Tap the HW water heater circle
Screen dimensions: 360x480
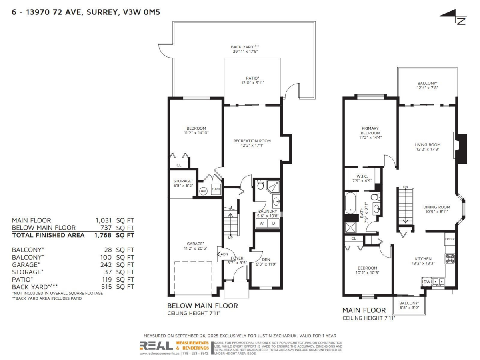click(203, 191)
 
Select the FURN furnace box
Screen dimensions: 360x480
click(215, 189)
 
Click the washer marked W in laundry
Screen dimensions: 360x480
click(261, 224)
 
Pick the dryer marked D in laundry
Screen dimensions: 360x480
click(274, 224)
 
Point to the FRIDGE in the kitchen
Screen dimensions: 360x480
click(450, 239)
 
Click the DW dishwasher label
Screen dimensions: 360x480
click(426, 282)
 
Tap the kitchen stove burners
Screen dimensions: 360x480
click(450, 259)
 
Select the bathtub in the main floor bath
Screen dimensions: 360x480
click(350, 203)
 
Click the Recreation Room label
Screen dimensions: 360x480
click(252, 141)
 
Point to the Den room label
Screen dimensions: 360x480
click(265, 259)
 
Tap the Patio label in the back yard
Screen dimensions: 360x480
click(252, 78)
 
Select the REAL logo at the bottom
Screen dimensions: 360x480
click(156, 345)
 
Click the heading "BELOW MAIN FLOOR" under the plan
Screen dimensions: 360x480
click(202, 306)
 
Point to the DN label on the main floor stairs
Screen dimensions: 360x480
click(405, 187)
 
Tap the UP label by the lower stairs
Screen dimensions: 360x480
click(230, 238)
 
